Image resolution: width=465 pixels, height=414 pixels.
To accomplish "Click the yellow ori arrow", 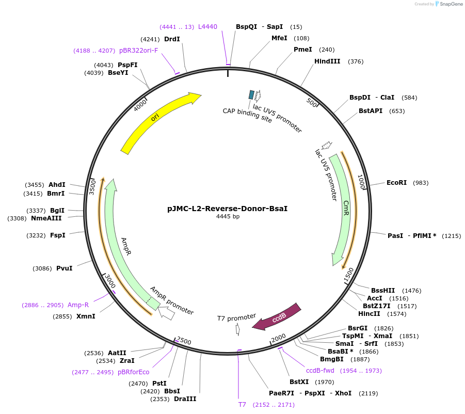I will point(155,118).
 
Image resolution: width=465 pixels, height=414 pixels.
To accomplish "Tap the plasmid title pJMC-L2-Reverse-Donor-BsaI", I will point(227,209).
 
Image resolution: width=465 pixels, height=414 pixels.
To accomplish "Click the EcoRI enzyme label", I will point(396,183).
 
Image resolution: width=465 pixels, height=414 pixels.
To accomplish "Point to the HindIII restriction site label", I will point(327,61).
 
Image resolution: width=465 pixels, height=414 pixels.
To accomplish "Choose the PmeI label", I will point(302,50).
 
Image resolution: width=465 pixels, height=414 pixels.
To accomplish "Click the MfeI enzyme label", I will point(279,38).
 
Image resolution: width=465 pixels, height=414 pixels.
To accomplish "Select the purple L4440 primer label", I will point(207,27).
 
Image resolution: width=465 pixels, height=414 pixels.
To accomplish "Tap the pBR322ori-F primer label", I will point(138,51).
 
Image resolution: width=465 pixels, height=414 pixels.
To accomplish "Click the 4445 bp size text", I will point(228,217).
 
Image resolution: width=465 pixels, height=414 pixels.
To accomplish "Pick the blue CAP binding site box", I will point(251,94).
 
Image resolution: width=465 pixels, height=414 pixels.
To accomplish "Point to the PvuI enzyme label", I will point(64,268).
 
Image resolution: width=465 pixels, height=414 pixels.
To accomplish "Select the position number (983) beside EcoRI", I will point(421,183).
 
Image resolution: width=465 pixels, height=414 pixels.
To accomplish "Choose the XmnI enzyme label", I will point(86,316).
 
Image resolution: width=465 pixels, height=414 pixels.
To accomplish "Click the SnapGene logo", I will point(448,4).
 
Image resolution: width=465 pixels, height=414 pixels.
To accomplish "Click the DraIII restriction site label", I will point(185,399).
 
